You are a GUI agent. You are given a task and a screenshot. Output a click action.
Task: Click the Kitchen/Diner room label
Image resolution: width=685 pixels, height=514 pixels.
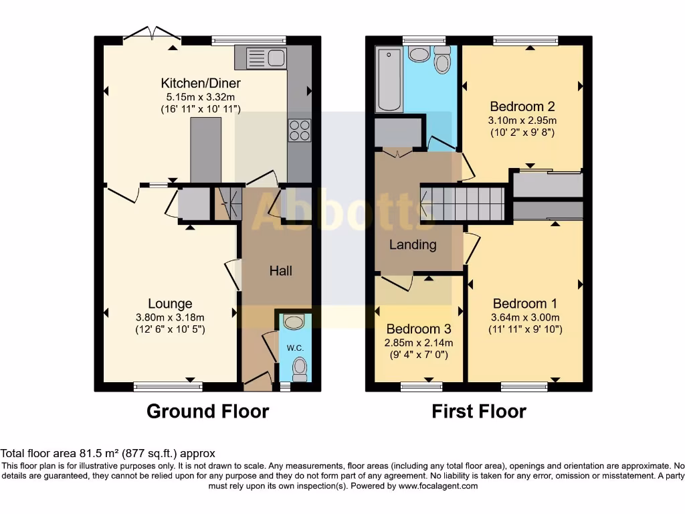click(201, 84)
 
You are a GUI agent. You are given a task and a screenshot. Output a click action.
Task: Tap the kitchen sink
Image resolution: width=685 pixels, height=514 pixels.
click(262, 58)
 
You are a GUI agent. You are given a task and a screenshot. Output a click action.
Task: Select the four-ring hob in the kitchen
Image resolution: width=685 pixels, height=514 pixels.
click(300, 130)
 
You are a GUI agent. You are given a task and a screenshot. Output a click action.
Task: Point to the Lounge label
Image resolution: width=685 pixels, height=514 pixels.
click(170, 305)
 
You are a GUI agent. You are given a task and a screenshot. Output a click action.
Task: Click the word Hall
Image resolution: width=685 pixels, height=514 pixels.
click(281, 271)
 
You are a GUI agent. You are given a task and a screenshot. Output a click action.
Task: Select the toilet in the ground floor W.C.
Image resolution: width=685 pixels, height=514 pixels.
click(299, 367)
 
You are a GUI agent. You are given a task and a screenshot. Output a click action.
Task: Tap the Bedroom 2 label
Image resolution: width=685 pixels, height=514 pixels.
click(522, 106)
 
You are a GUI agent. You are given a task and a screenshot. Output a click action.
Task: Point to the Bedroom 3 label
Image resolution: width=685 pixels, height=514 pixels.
click(419, 329)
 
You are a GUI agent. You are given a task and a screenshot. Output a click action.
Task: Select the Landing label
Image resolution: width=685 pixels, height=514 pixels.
click(413, 245)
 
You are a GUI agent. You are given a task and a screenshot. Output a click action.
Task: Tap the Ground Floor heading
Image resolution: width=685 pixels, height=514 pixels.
click(207, 411)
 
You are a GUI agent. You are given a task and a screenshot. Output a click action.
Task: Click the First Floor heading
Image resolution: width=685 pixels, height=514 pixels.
click(479, 411)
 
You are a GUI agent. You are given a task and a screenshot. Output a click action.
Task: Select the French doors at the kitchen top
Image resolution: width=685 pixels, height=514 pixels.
click(151, 35)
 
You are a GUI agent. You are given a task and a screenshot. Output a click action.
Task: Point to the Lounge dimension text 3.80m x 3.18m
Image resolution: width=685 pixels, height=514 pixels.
click(170, 317)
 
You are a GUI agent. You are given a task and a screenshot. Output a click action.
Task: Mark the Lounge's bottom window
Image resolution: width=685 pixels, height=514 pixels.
click(158, 385)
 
